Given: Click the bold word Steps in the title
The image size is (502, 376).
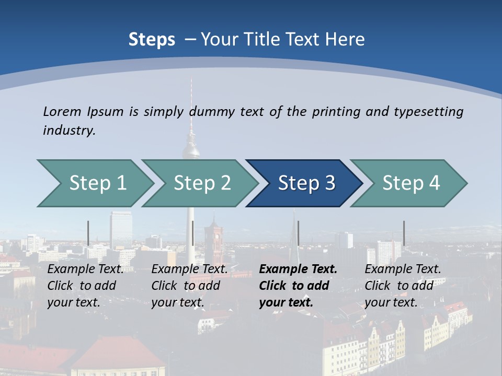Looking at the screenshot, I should coord(152,40).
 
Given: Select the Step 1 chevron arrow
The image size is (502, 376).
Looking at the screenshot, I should coord(97,183).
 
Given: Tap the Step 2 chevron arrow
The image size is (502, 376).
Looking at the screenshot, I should coord(202,183).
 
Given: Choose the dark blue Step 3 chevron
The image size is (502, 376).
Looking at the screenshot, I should coord(306,183).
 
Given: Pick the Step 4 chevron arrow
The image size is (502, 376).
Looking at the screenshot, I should coord(410,183).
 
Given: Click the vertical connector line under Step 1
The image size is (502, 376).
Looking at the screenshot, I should coord(88,233).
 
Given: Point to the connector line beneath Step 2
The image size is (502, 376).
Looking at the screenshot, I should coord(193,233).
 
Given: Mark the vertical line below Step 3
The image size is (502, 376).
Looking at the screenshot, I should coord(298,233).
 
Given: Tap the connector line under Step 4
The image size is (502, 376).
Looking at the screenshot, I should coord(404,233).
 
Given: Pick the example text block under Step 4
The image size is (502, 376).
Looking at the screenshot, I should coord(403,286).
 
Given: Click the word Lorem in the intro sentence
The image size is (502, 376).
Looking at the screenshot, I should coord(62,111).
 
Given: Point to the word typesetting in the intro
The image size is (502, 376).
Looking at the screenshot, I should coord(428,112).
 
